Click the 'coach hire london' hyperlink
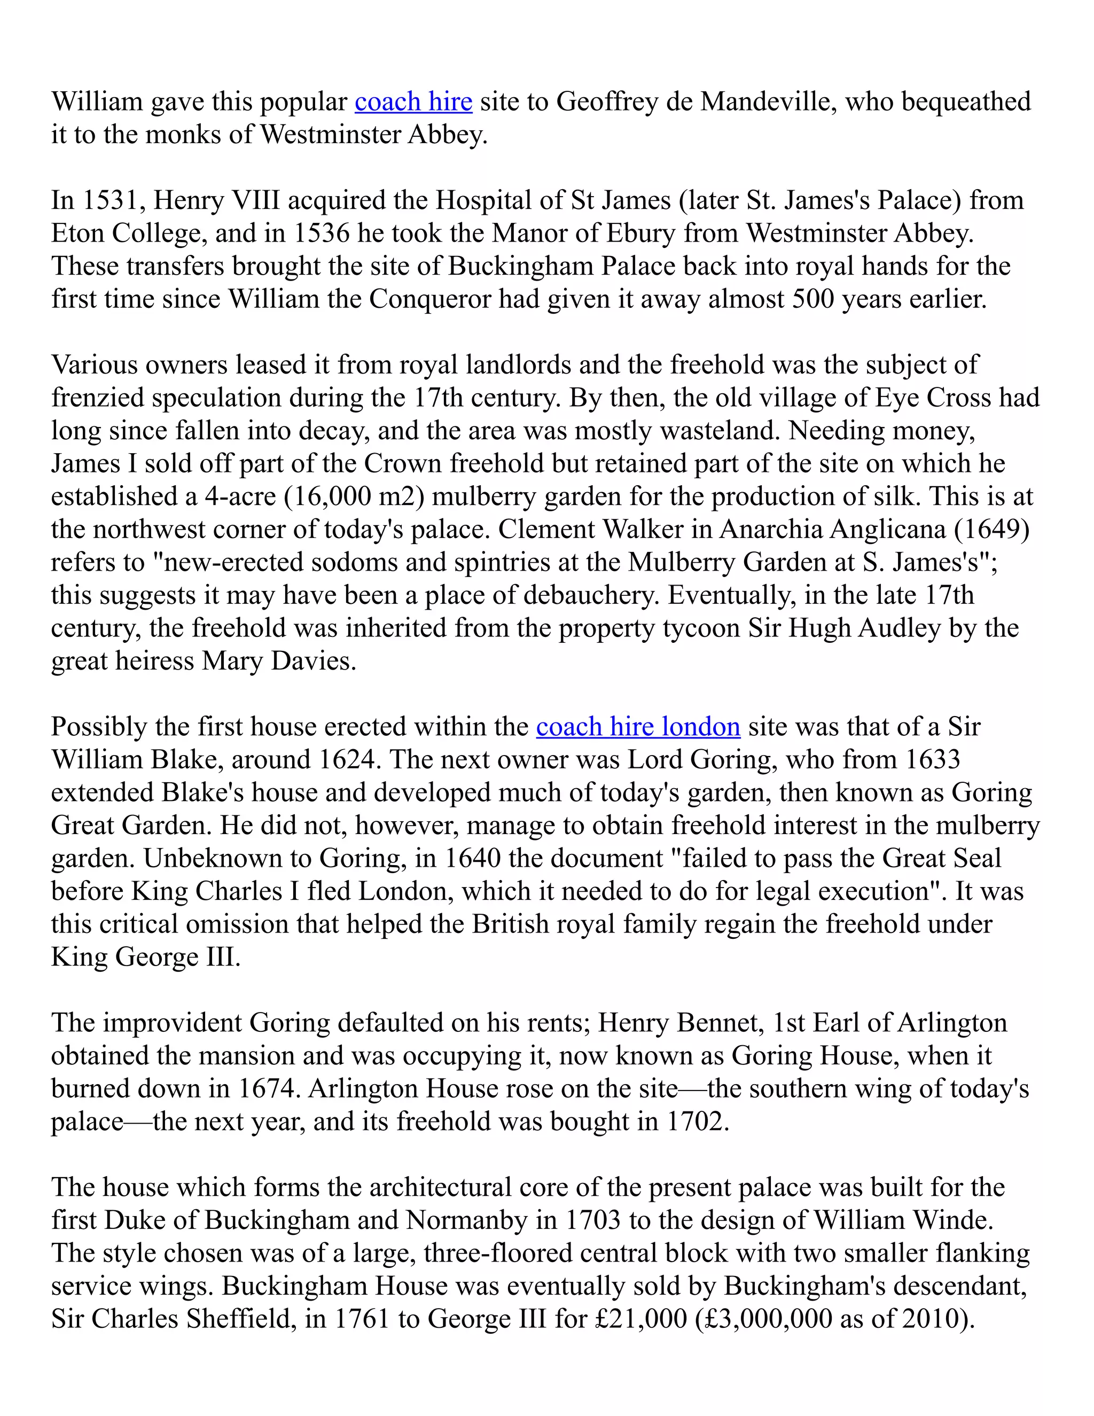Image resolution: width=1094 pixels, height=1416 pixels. [x=638, y=727]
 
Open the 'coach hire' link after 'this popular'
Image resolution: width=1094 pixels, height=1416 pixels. [x=413, y=102]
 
